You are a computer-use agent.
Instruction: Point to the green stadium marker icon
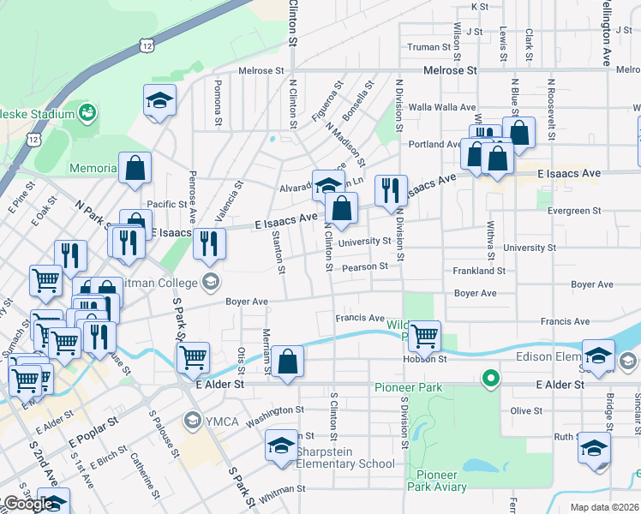tap(87, 112)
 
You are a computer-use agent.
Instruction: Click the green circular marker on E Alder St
tap(490, 377)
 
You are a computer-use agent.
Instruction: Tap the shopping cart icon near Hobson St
tap(424, 337)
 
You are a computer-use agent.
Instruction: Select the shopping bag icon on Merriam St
tap(289, 362)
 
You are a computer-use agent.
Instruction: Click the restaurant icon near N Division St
tap(391, 192)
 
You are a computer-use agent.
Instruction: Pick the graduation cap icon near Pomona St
tap(159, 101)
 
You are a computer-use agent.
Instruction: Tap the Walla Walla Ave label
tap(442, 107)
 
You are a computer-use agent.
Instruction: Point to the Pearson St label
tap(366, 266)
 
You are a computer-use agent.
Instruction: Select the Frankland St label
tap(480, 271)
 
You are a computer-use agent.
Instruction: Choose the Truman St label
tap(428, 47)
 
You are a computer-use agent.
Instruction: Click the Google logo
tap(27, 504)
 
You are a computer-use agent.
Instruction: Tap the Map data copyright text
tap(603, 506)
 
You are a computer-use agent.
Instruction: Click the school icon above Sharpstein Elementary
tap(280, 445)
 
